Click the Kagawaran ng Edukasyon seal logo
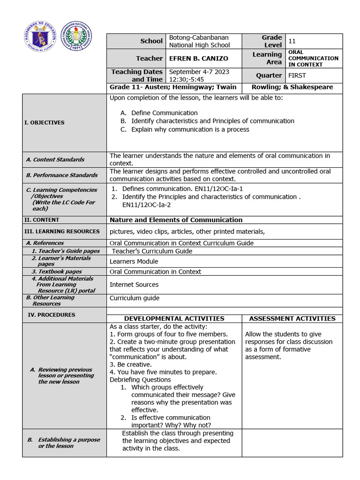(40, 36)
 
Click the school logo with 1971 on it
(77, 36)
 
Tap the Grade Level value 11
(292, 41)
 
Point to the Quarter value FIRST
(298, 75)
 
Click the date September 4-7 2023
(199, 72)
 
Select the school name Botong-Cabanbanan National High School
(199, 41)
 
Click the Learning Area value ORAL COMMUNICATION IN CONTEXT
(313, 59)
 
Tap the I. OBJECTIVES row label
(44, 123)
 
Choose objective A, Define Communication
(164, 113)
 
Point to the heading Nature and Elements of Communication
(176, 220)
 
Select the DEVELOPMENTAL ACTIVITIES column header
(174, 319)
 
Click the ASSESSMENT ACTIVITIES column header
(292, 319)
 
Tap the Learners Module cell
(134, 262)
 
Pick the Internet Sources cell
(134, 285)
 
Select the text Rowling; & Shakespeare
(292, 87)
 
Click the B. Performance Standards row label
(62, 175)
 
